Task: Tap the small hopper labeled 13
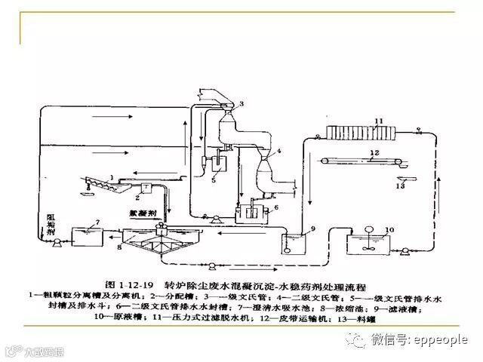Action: point(399,178)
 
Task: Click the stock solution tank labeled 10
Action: point(368,244)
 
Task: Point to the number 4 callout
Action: point(278,152)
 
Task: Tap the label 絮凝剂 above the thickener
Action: point(164,213)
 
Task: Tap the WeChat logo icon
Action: point(355,340)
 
